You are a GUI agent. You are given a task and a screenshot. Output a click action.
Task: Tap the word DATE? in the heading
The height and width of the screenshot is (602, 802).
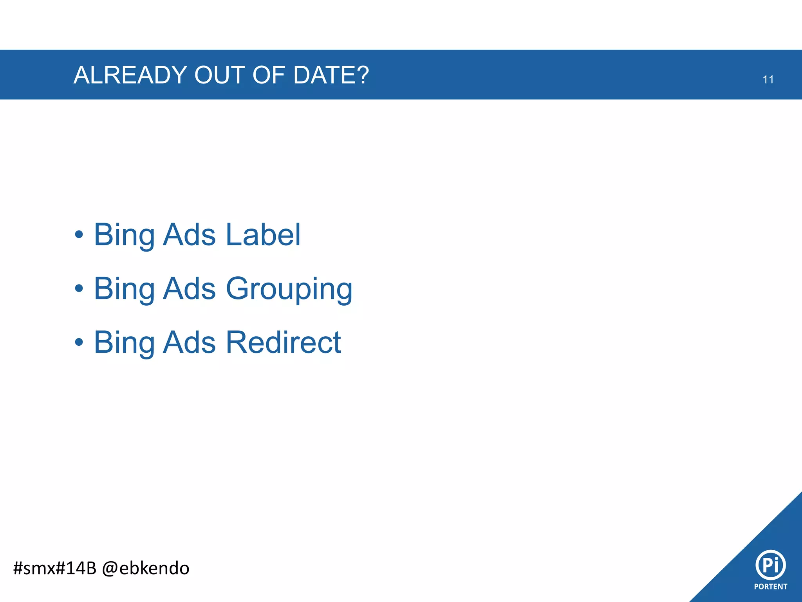point(331,75)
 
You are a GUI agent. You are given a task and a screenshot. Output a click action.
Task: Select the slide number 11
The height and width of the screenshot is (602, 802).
point(768,80)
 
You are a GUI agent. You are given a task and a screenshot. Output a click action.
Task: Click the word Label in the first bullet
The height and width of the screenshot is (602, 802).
point(263,234)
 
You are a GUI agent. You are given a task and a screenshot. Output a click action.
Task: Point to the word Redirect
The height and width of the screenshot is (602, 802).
point(283,342)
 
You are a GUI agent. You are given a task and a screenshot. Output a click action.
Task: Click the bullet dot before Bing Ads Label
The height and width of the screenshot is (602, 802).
point(79,235)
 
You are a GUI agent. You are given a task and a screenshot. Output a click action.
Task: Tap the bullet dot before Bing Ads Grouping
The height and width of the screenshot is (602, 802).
point(79,289)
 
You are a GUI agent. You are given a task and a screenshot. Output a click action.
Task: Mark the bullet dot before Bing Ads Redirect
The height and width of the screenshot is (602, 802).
point(79,342)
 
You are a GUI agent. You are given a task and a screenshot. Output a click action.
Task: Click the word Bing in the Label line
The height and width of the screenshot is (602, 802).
point(124,235)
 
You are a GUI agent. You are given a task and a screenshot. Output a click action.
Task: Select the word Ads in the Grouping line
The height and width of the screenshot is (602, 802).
point(189,288)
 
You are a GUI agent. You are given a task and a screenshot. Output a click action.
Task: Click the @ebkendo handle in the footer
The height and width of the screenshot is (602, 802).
point(145,568)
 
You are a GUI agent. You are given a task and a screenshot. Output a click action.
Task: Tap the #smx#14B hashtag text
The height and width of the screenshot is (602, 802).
point(54,568)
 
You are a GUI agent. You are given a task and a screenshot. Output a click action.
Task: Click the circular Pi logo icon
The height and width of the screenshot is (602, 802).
point(770,565)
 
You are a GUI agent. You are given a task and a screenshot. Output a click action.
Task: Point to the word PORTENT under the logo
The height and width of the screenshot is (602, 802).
point(770,587)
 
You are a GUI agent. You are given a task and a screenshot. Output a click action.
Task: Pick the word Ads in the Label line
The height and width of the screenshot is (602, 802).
point(189,234)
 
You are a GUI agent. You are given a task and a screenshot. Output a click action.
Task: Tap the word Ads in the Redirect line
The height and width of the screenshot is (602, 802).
point(189,342)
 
